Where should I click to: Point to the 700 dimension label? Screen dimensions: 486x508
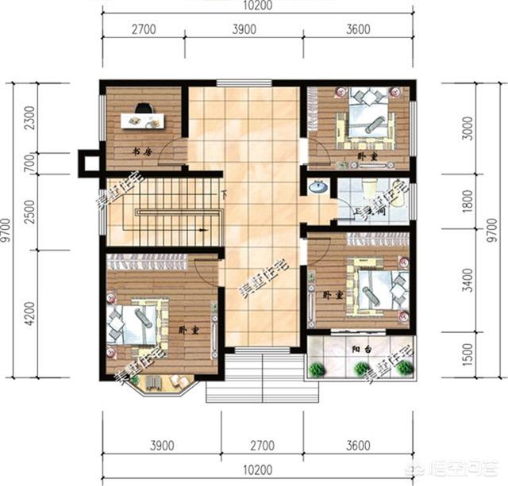pyautogui.click(x=30, y=163)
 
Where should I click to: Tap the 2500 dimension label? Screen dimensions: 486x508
pyautogui.click(x=30, y=212)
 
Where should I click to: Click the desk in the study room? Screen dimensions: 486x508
pyautogui.click(x=142, y=121)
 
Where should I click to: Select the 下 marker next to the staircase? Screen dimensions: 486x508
pyautogui.click(x=225, y=194)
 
